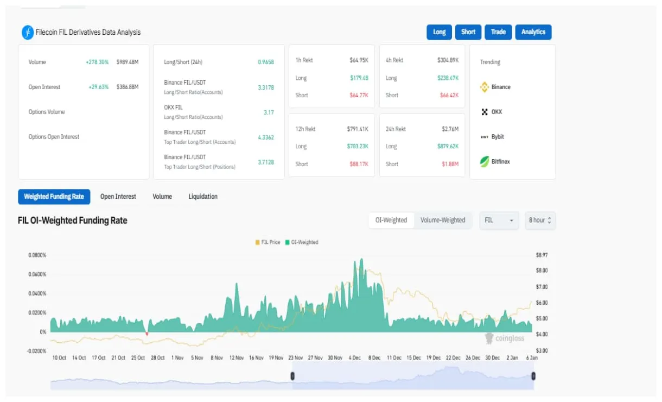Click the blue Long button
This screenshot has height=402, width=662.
pos(440,32)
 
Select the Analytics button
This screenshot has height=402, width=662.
pos(533,32)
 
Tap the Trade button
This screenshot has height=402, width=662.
pos(498,32)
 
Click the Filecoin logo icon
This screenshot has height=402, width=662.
pos(28,33)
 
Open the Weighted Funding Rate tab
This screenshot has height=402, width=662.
pos(54,197)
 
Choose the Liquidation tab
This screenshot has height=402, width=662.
pos(203,197)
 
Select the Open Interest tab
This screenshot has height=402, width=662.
pos(118,197)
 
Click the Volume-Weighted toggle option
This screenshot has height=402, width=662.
pos(443,220)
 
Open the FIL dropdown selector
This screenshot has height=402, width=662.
pos(499,220)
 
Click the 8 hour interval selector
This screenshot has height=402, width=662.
pos(540,220)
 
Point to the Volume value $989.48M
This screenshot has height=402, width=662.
pos(128,62)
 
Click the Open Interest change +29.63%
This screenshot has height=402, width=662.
pos(97,87)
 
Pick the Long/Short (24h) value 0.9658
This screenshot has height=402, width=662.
pos(266,62)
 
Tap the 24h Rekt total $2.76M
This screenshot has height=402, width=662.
pos(450,129)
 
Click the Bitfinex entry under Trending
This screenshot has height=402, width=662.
pos(500,162)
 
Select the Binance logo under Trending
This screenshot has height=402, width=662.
pos(485,87)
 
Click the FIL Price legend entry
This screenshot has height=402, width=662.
pos(268,242)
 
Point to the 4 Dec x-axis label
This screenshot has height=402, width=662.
pos(355,358)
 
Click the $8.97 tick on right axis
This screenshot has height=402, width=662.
pos(542,255)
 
